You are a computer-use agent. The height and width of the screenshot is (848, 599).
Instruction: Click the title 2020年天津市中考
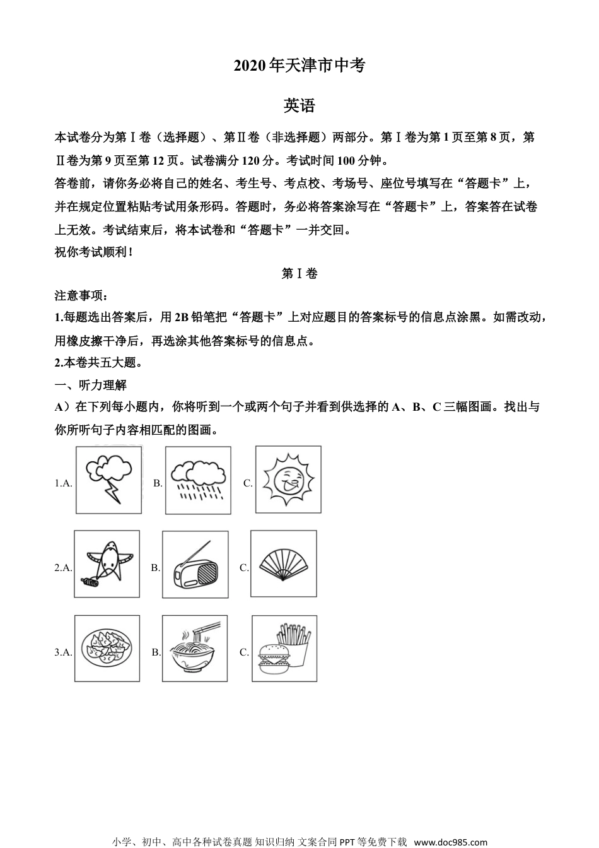point(299,66)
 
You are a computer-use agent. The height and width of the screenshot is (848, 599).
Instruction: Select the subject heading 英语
point(299,105)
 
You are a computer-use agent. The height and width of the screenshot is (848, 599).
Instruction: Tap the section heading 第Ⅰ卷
point(299,273)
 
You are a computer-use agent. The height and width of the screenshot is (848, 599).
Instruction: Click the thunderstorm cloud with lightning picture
point(108,480)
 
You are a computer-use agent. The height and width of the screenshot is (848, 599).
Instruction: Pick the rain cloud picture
point(198,480)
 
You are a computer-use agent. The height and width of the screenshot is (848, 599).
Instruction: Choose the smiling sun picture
point(288,479)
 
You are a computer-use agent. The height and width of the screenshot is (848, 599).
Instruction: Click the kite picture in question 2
point(107,563)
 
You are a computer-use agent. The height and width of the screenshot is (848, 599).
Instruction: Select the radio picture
point(195,564)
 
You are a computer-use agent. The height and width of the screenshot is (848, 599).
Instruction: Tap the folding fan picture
point(284,563)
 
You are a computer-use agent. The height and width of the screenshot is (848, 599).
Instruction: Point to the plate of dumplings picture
point(107,648)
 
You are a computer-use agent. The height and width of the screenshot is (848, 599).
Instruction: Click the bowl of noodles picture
point(195,648)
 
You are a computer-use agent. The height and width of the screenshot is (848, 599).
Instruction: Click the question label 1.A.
point(63,483)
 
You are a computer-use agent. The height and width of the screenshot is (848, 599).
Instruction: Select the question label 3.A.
point(63,652)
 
